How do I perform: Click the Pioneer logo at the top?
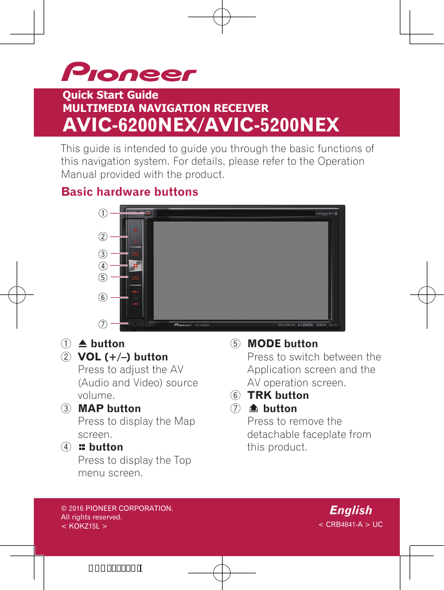pos(129,73)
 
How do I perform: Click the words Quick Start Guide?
pos(110,95)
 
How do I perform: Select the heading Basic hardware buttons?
pos(130,192)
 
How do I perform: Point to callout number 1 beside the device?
pos(102,214)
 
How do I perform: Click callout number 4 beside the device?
pos(102,266)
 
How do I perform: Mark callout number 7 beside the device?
pos(102,324)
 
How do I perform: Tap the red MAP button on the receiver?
pos(135,253)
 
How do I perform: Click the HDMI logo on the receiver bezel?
pos(305,325)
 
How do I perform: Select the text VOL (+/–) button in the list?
pos(123,357)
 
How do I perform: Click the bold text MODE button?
pos(282,344)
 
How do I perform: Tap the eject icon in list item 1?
pos(83,344)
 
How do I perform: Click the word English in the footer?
pos(350,510)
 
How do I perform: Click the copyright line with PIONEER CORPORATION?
pos(117,509)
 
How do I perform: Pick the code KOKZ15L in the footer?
pos(84,526)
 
